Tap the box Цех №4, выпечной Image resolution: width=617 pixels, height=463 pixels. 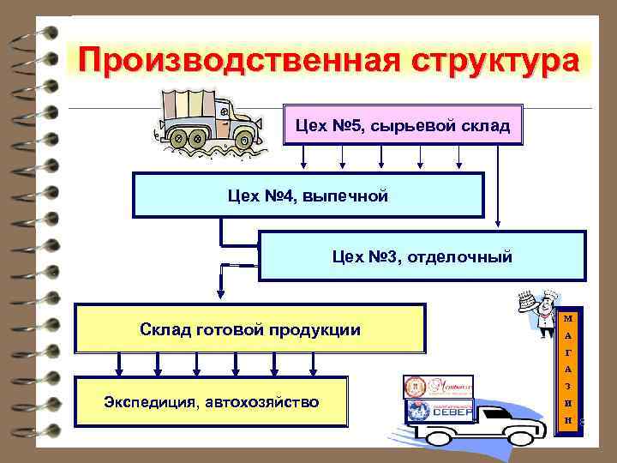tap(308, 196)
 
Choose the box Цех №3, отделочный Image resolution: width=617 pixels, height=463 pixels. tap(422, 256)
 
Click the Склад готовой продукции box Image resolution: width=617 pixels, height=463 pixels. tap(249, 329)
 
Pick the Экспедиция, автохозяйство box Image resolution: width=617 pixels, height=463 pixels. tap(212, 401)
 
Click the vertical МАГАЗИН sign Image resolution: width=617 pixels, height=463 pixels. tap(568, 370)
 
